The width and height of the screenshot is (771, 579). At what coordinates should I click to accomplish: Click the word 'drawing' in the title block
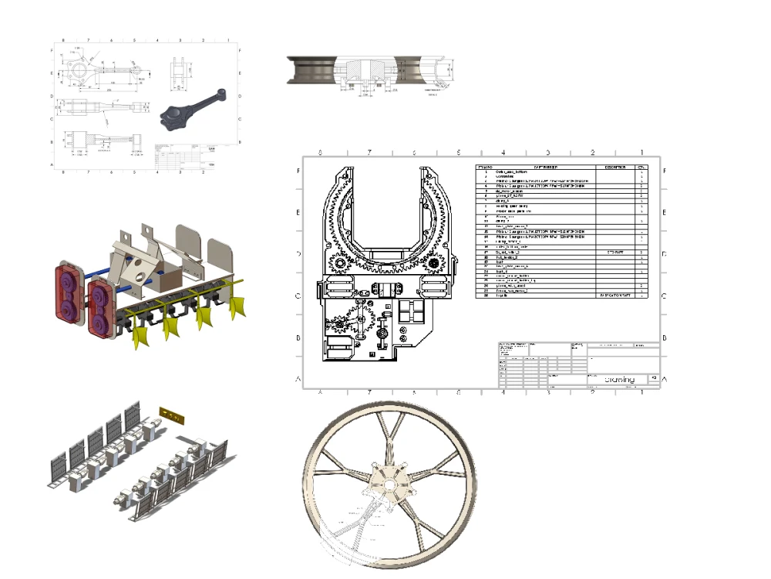619,379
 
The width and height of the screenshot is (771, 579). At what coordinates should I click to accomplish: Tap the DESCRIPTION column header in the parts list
615,167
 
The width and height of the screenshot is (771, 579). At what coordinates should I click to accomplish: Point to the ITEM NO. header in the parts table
486,167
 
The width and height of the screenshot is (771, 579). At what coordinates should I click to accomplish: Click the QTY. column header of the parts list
641,167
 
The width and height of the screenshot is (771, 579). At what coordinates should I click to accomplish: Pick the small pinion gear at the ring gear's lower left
339,264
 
